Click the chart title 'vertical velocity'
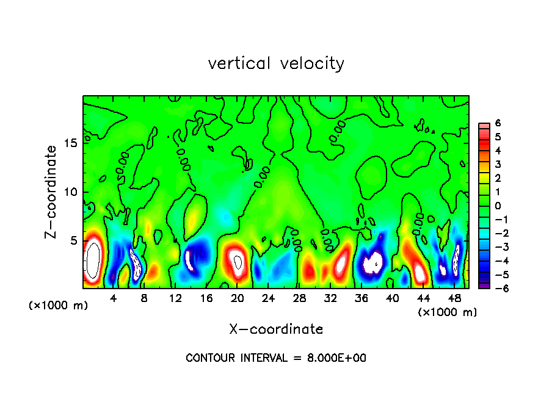pos(276,63)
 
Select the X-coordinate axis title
pos(276,329)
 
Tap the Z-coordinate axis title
pos(52,192)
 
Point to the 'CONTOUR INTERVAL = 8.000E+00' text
pos(276,358)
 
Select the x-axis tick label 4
pos(113,298)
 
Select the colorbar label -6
pos(496,289)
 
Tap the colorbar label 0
pos(498,206)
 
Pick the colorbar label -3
pos(496,248)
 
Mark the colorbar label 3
pos(498,164)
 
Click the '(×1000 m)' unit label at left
pos(59,306)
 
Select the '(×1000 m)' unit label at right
pos(448,312)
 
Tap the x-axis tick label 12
pos(175,298)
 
